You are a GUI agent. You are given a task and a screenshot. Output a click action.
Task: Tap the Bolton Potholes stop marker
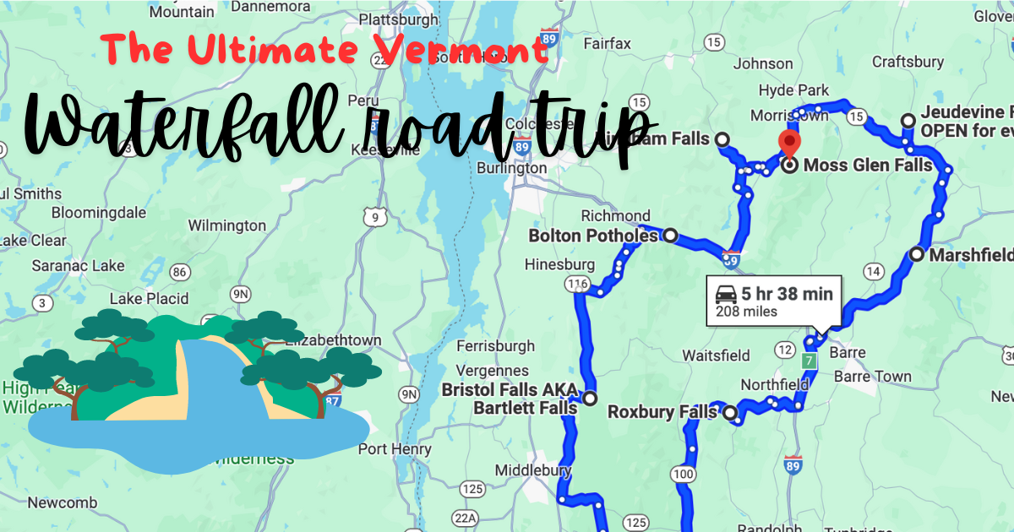670,236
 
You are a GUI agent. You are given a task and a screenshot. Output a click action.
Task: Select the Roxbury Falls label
662,413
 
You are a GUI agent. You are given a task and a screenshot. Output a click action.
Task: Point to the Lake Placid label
149,299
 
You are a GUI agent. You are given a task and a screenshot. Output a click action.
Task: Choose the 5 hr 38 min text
788,294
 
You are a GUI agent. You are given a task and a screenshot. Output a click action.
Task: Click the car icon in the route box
726,294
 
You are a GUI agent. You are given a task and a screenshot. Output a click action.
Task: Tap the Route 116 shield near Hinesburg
579,284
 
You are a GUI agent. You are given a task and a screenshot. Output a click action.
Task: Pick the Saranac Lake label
78,266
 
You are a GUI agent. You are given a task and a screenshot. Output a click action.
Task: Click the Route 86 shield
178,272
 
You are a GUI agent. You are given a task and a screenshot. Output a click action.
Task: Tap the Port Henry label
395,449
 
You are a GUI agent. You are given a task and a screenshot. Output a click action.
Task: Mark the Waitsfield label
717,355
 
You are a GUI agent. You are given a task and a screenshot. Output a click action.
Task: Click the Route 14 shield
873,271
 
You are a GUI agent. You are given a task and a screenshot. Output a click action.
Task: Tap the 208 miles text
746,312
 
